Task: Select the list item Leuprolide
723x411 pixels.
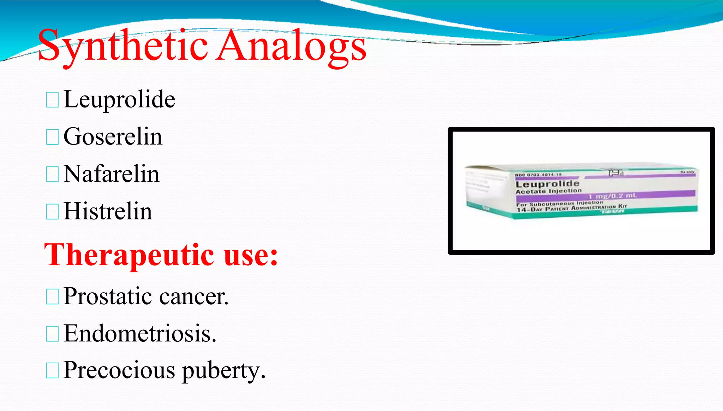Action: tap(119, 99)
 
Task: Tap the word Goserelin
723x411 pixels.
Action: tap(113, 137)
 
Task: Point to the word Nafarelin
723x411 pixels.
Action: tap(112, 174)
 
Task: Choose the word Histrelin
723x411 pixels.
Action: tap(108, 211)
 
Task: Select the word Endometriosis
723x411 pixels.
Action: tap(140, 333)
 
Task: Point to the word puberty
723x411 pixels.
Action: tap(223, 371)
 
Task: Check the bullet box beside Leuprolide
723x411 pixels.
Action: tap(52, 100)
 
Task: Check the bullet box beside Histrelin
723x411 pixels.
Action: tap(52, 212)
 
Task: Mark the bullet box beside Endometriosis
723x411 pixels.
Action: tap(52, 334)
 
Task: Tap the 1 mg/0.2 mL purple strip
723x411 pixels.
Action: tap(612, 195)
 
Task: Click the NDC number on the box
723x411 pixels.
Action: tap(538, 175)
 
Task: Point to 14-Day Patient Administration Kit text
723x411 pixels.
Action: tap(572, 208)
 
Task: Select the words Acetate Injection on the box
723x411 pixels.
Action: tap(548, 191)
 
